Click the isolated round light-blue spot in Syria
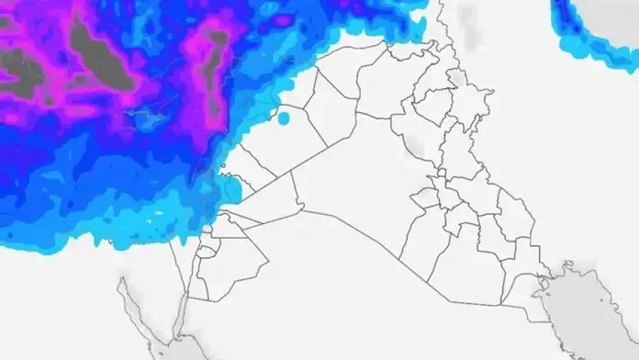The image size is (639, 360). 284,118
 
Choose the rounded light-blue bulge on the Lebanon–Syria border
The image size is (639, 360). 233,188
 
